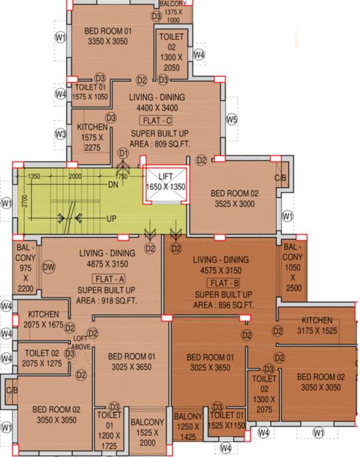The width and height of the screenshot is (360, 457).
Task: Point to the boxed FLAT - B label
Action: pyautogui.click(x=224, y=283)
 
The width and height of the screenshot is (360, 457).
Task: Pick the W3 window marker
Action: pyautogui.click(x=60, y=133)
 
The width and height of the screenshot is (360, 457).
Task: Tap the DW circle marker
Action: pyautogui.click(x=49, y=268)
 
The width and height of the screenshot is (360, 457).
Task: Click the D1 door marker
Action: pyautogui.click(x=123, y=154)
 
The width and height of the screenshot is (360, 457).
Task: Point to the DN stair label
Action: pyautogui.click(x=112, y=185)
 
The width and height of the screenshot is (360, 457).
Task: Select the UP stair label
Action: pyautogui.click(x=111, y=219)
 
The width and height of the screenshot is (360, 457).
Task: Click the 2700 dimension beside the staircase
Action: pyautogui.click(x=25, y=202)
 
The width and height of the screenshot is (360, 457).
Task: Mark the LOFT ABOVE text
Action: pyautogui.click(x=80, y=342)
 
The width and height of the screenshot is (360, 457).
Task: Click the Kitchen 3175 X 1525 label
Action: pyautogui.click(x=317, y=324)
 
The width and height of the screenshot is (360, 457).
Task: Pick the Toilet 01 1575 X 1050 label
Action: pyautogui.click(x=90, y=92)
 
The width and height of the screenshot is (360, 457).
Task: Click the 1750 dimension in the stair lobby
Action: pyautogui.click(x=121, y=177)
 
